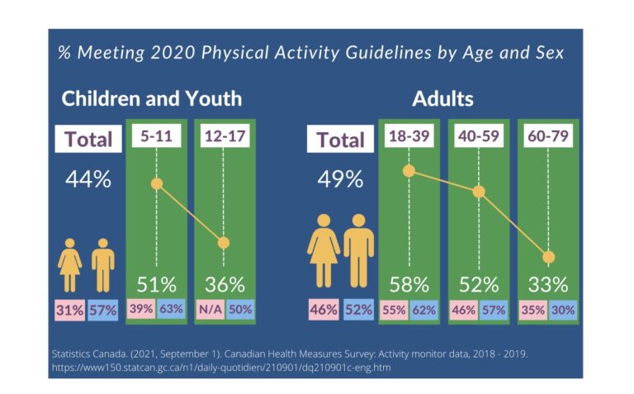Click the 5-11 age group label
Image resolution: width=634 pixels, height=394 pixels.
pos(157,136)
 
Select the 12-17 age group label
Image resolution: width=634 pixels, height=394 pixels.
pos(225,136)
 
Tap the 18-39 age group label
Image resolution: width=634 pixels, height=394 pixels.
pos(409,136)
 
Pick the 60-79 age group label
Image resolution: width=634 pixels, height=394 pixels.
pos(548,136)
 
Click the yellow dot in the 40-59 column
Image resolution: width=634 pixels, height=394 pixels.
pos(479,192)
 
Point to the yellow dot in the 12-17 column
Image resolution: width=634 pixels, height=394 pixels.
pos(224,243)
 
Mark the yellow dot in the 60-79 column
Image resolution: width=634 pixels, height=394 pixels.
pos(548,257)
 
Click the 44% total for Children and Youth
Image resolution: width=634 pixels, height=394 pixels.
pos(88,179)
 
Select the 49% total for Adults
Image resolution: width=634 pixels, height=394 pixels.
pos(340,179)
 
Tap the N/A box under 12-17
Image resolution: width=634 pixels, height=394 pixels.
pos(211,310)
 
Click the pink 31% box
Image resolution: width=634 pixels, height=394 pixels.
pos(69,311)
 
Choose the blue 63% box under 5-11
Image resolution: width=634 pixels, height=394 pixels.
pos(171,309)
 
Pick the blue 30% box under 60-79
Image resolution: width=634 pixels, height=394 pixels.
pos(562,311)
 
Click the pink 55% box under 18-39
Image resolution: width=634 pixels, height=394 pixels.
pos(395,311)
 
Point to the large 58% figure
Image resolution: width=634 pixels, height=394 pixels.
pos(409,285)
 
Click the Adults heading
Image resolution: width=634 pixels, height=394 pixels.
pos(442,98)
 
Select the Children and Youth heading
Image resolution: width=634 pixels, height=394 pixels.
pos(152,98)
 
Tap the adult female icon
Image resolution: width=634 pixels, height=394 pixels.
pos(324,251)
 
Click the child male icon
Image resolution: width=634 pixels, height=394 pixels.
pos(102,265)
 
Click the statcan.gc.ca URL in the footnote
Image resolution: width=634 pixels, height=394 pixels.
pos(221,368)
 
